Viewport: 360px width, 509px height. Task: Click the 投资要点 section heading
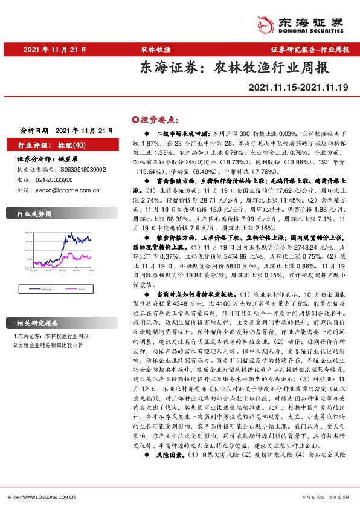click(155, 119)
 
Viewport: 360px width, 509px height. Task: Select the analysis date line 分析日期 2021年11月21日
click(66, 130)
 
